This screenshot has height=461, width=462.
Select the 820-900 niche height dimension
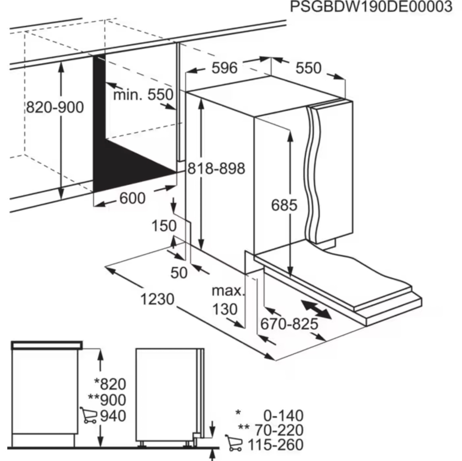(55, 107)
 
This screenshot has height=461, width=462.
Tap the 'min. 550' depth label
(143, 95)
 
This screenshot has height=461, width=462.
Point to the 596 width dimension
(224, 68)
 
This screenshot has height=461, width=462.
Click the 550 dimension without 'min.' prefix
(308, 68)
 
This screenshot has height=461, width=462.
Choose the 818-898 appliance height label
(216, 168)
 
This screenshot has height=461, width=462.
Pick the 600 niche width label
(132, 198)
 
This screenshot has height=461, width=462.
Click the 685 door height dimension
(284, 205)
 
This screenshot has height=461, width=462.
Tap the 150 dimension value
(164, 226)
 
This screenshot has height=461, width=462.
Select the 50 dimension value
(179, 273)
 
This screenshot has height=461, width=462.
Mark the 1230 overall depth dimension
(157, 299)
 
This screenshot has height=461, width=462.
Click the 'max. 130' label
(227, 300)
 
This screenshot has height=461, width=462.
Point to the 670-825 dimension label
(289, 324)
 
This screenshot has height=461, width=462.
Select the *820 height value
(110, 384)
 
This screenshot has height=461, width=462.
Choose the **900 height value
(107, 400)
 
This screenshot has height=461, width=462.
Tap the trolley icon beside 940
(88, 415)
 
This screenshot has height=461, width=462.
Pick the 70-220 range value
(279, 430)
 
